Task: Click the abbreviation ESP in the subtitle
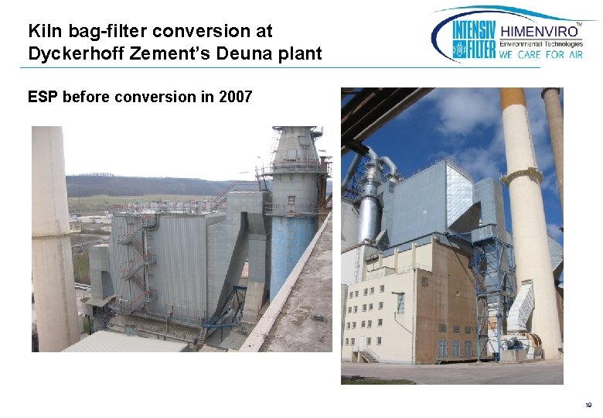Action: (x=42, y=97)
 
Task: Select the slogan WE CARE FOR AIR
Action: (x=542, y=55)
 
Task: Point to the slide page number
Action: (x=588, y=404)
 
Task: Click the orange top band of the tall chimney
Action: (x=513, y=98)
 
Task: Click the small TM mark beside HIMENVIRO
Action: (x=580, y=26)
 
